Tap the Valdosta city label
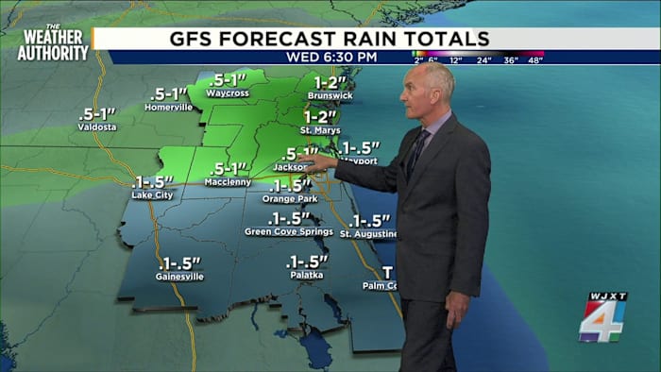pos(97,127)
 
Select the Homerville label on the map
pos(169,107)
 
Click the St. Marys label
pos(320,129)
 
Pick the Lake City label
pos(152,194)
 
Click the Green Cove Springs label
pos(289,231)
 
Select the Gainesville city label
pos(179,277)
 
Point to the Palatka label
pos(306,275)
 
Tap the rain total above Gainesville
pos(180,262)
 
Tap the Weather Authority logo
pos(52,42)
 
